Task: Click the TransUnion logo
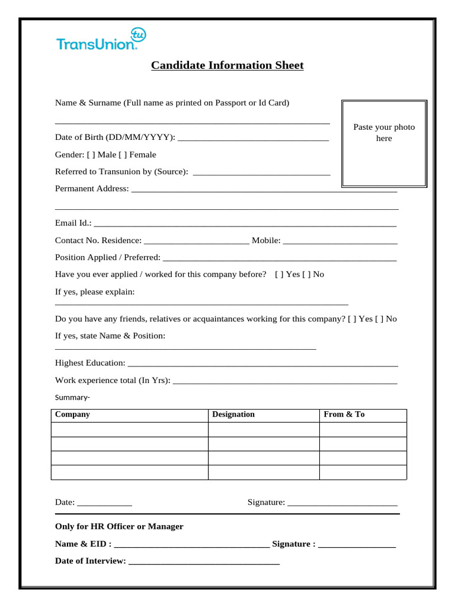click(100, 40)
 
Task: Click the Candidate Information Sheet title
click(227, 65)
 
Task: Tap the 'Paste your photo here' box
click(384, 143)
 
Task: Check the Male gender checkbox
click(91, 155)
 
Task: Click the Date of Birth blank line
click(253, 139)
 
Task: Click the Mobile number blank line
click(340, 242)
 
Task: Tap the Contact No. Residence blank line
click(196, 242)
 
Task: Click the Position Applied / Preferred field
click(279, 259)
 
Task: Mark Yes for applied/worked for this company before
click(279, 274)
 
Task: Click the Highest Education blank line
click(262, 365)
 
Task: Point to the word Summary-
click(72, 397)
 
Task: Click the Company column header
click(72, 414)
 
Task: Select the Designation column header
click(233, 414)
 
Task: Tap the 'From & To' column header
click(344, 414)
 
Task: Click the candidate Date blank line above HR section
click(104, 504)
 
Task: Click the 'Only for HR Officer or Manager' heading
click(119, 526)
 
